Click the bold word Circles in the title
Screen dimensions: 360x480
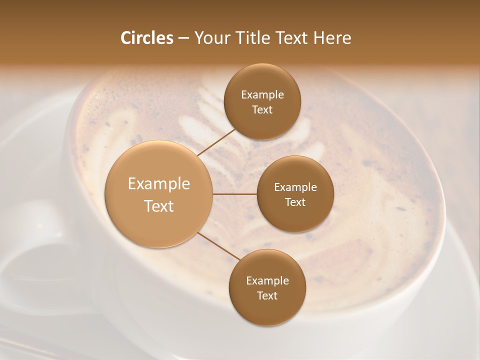click(x=146, y=38)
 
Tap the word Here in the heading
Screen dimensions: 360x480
click(x=332, y=38)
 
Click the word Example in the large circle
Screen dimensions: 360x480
click(x=159, y=184)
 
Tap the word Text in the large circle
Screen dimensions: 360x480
click(x=159, y=206)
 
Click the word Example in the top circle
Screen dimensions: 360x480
click(x=262, y=95)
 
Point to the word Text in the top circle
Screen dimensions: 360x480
click(x=262, y=110)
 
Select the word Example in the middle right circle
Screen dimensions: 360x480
click(x=295, y=187)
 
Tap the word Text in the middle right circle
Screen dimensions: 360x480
click(x=295, y=202)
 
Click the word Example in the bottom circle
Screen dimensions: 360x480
click(x=267, y=281)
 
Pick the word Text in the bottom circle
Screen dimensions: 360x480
click(x=267, y=296)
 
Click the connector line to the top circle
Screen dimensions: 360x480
click(x=216, y=142)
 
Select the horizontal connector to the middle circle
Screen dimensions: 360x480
click(x=235, y=194)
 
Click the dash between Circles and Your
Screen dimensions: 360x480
click(x=183, y=38)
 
